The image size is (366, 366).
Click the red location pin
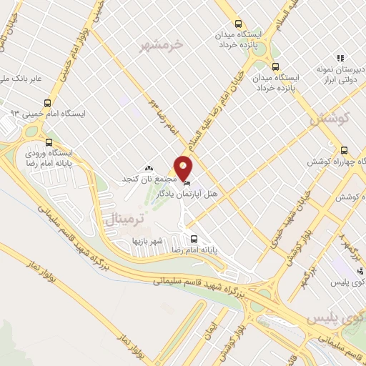pos(184,167)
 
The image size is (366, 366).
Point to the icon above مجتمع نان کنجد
pos(149,167)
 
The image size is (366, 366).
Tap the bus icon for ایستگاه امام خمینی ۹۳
pos(47,103)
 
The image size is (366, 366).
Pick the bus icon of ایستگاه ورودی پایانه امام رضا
pos(49,142)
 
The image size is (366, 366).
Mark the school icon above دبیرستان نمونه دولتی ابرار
pos(340,58)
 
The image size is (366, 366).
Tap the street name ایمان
pos(209,331)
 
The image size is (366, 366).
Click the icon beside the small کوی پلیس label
pos(320,284)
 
